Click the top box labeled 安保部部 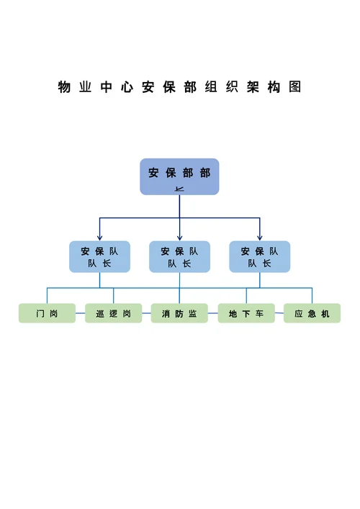pyautogui.click(x=179, y=176)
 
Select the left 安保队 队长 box pyautogui.click(x=99, y=257)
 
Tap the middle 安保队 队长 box pyautogui.click(x=179, y=257)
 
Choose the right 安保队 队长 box pyautogui.click(x=259, y=257)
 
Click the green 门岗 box pyautogui.click(x=47, y=314)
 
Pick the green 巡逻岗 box pyautogui.click(x=113, y=314)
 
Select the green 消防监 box pyautogui.click(x=179, y=314)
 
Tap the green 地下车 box pyautogui.click(x=246, y=314)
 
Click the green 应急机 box pyautogui.click(x=312, y=314)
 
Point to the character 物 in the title pyautogui.click(x=64, y=88)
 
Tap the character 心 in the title pyautogui.click(x=127, y=88)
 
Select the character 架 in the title pyautogui.click(x=252, y=88)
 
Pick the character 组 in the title pyautogui.click(x=210, y=88)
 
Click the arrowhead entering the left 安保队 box pyautogui.click(x=99, y=238)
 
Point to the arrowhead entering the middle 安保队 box pyautogui.click(x=179, y=238)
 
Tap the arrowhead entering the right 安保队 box pyautogui.click(x=259, y=238)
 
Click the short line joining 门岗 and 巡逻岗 pyautogui.click(x=80, y=315)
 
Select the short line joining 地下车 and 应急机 pyautogui.click(x=279, y=315)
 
